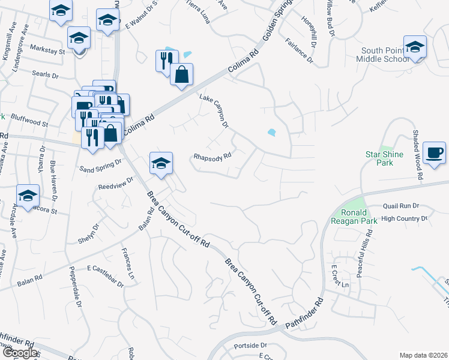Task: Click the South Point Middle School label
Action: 384,55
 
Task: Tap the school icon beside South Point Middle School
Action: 415,47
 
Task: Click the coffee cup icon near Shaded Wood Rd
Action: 435,152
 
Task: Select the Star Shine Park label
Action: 383,158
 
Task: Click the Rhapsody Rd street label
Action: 212,157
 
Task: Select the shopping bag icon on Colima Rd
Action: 181,75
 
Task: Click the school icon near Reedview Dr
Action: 161,163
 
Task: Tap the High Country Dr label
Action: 404,219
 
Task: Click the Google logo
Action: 20,353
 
